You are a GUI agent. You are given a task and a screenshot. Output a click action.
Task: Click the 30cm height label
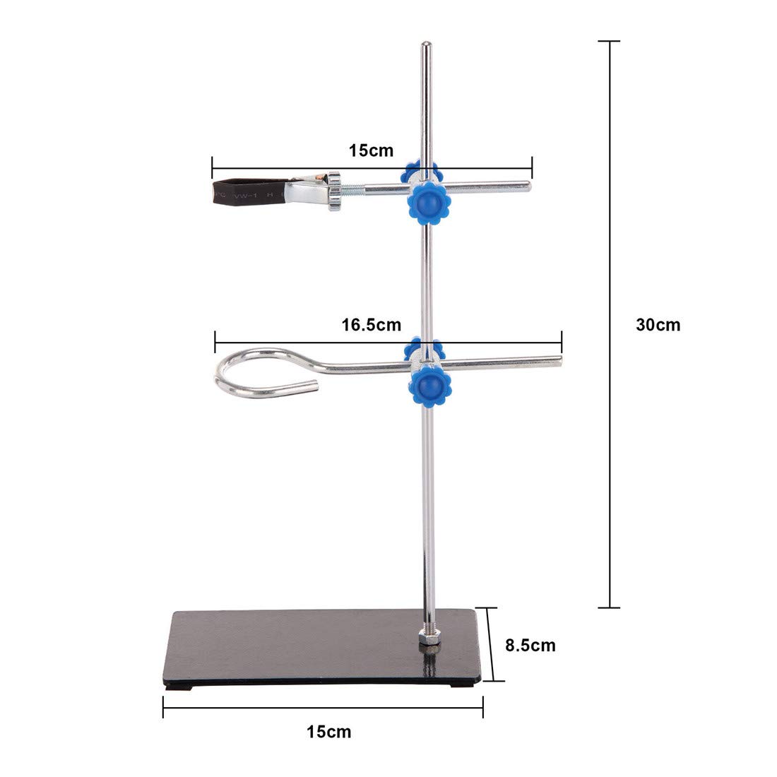click(658, 325)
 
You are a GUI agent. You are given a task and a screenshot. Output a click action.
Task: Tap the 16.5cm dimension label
click(371, 326)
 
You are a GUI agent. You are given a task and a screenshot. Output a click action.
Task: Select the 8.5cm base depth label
click(530, 645)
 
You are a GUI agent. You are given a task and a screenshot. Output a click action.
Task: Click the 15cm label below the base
click(328, 732)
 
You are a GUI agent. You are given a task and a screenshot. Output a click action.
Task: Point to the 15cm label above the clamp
click(371, 150)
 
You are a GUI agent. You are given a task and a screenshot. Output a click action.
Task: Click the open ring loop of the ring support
click(263, 371)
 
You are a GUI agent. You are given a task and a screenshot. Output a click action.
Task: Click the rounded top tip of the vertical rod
click(425, 47)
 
